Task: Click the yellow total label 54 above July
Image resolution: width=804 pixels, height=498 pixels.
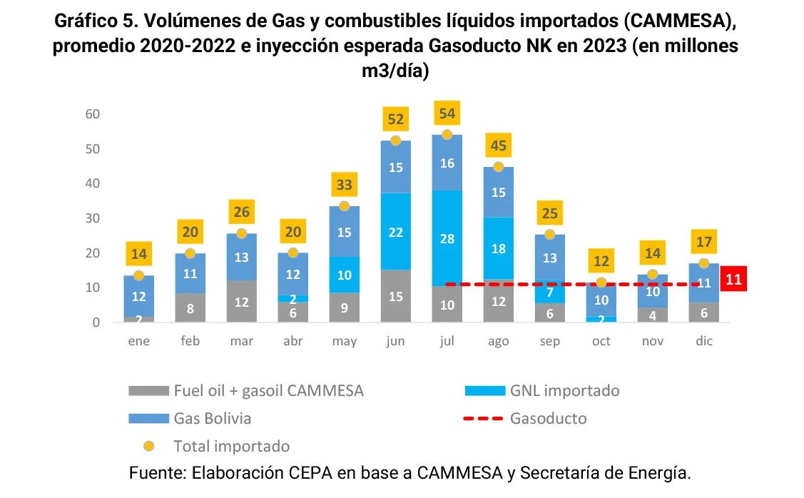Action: pos(447,113)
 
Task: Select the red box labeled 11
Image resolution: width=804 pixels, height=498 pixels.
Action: pos(734,280)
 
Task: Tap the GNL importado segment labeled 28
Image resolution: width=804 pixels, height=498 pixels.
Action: pos(447,238)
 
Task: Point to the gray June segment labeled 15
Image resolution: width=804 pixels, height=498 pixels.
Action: pos(395,296)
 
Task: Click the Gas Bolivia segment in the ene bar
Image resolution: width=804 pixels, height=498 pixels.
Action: pos(138,295)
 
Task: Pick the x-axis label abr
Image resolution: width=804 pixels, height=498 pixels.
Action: pos(292,341)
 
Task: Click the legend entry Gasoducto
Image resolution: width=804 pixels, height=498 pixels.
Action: pos(548,418)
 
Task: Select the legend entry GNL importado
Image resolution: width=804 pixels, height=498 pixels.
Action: pos(564,390)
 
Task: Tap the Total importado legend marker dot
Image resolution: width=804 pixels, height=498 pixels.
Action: pos(148,447)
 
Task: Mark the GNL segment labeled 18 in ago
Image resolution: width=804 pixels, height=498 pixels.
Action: pos(499,248)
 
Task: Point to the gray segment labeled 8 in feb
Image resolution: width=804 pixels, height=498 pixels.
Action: pos(190,308)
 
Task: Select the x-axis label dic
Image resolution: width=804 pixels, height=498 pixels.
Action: pos(704,341)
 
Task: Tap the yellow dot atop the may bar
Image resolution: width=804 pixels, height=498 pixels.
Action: pos(344,206)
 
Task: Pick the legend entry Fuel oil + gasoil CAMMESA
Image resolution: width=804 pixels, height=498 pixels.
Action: pos(268,390)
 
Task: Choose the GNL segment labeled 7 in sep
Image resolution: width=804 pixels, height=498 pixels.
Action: pos(550,292)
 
